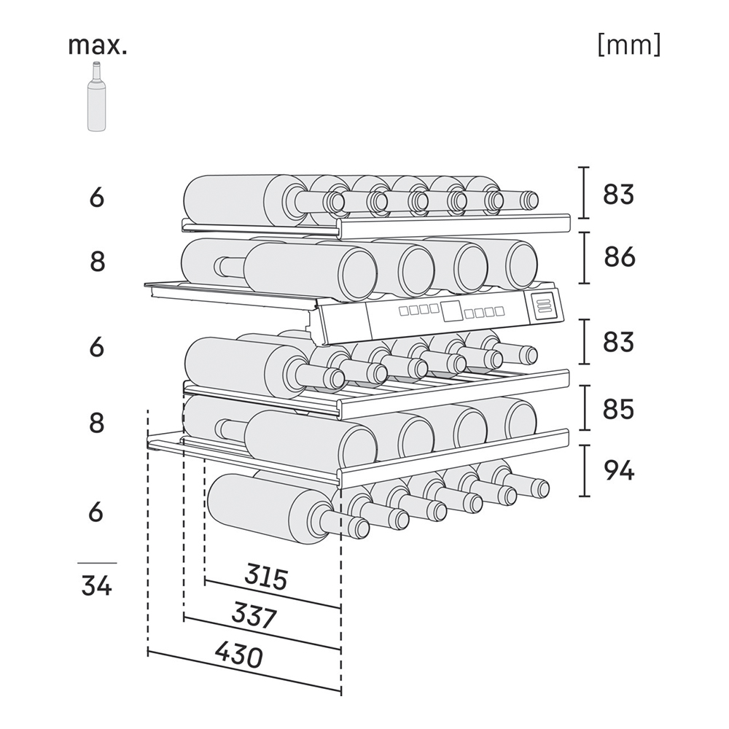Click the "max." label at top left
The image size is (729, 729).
tap(97, 45)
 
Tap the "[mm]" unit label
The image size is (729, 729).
tap(628, 45)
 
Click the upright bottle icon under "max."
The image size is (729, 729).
tap(96, 97)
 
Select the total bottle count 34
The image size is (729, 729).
tap(97, 585)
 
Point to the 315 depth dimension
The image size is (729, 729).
tap(266, 577)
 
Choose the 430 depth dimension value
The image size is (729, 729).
tap(239, 655)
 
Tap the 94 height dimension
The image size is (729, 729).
tap(619, 470)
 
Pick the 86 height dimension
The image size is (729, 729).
tap(619, 257)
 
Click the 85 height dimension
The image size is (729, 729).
tap(618, 409)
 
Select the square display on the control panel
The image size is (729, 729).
tap(451, 311)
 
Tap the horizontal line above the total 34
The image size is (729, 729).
tap(97, 563)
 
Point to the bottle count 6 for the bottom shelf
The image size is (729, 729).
tap(95, 512)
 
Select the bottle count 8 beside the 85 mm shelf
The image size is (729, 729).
tap(97, 423)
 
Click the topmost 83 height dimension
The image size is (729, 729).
tap(618, 194)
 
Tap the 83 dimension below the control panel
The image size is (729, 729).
tap(618, 342)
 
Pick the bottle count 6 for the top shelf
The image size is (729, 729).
tap(97, 197)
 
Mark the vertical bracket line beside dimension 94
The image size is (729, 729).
tap(585, 470)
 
